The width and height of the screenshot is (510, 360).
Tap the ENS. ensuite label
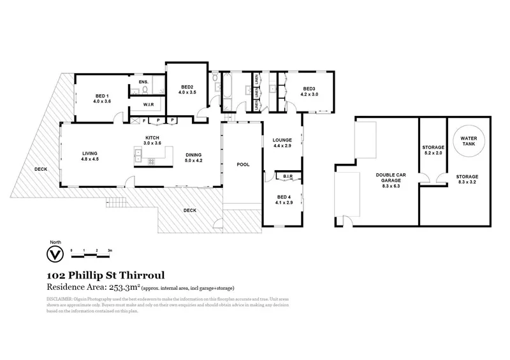point(143,82)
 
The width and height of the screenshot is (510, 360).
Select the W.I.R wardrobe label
point(147,104)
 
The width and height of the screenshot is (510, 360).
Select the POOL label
point(242,164)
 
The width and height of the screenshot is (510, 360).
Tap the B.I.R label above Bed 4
point(288,175)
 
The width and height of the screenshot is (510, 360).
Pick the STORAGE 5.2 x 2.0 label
point(433,150)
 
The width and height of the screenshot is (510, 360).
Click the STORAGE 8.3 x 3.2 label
point(467,179)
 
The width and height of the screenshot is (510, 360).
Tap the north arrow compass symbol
point(55,254)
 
